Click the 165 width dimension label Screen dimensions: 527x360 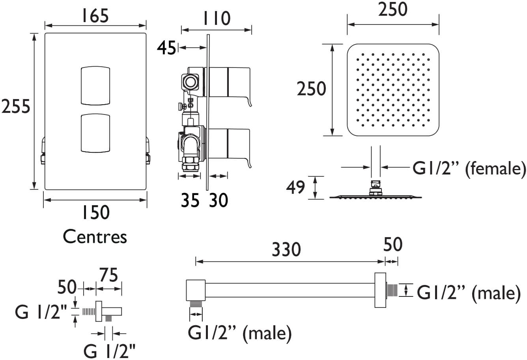95,16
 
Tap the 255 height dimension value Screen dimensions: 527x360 16,106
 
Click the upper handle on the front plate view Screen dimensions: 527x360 95,86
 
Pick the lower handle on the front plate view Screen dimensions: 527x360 95,133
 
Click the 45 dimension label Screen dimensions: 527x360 166,48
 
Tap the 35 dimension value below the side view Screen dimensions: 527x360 190,201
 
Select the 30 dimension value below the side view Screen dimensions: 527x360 219,201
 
